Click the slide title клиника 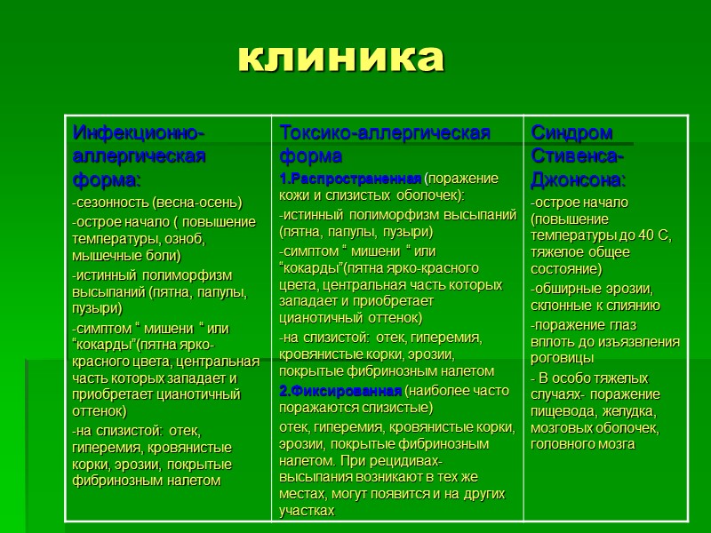341,58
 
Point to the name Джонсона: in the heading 579,179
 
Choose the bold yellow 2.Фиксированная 340,391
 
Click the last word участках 307,511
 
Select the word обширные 565,289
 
